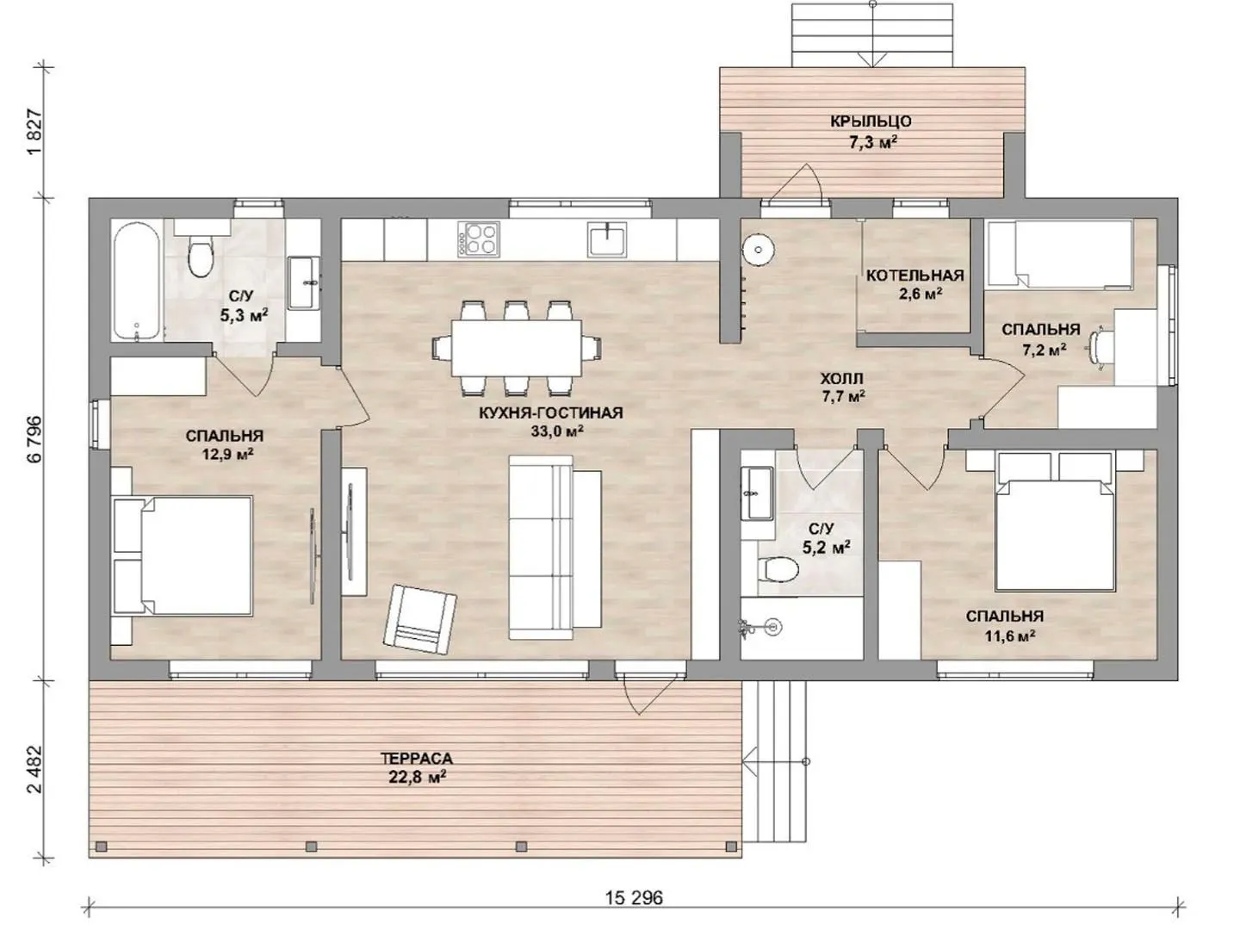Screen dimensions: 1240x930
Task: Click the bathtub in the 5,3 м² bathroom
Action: coord(138,282)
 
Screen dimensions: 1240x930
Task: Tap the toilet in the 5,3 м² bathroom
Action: coord(201,254)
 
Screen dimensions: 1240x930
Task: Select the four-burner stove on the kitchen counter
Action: coord(479,239)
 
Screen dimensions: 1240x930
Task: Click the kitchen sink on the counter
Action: coord(607,239)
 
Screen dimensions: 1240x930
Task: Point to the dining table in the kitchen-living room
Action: coord(517,349)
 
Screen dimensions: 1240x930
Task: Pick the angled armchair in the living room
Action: coord(419,619)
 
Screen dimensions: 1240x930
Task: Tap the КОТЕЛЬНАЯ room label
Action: coord(914,276)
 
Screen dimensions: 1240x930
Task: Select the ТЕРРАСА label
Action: coord(416,758)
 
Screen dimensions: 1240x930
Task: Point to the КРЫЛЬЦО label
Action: coord(871,121)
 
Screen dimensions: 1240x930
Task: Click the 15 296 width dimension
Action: coord(634,897)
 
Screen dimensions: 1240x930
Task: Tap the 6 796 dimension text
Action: coord(34,439)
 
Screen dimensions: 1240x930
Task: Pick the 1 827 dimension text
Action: coord(34,133)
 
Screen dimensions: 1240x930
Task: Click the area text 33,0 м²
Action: coord(556,431)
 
